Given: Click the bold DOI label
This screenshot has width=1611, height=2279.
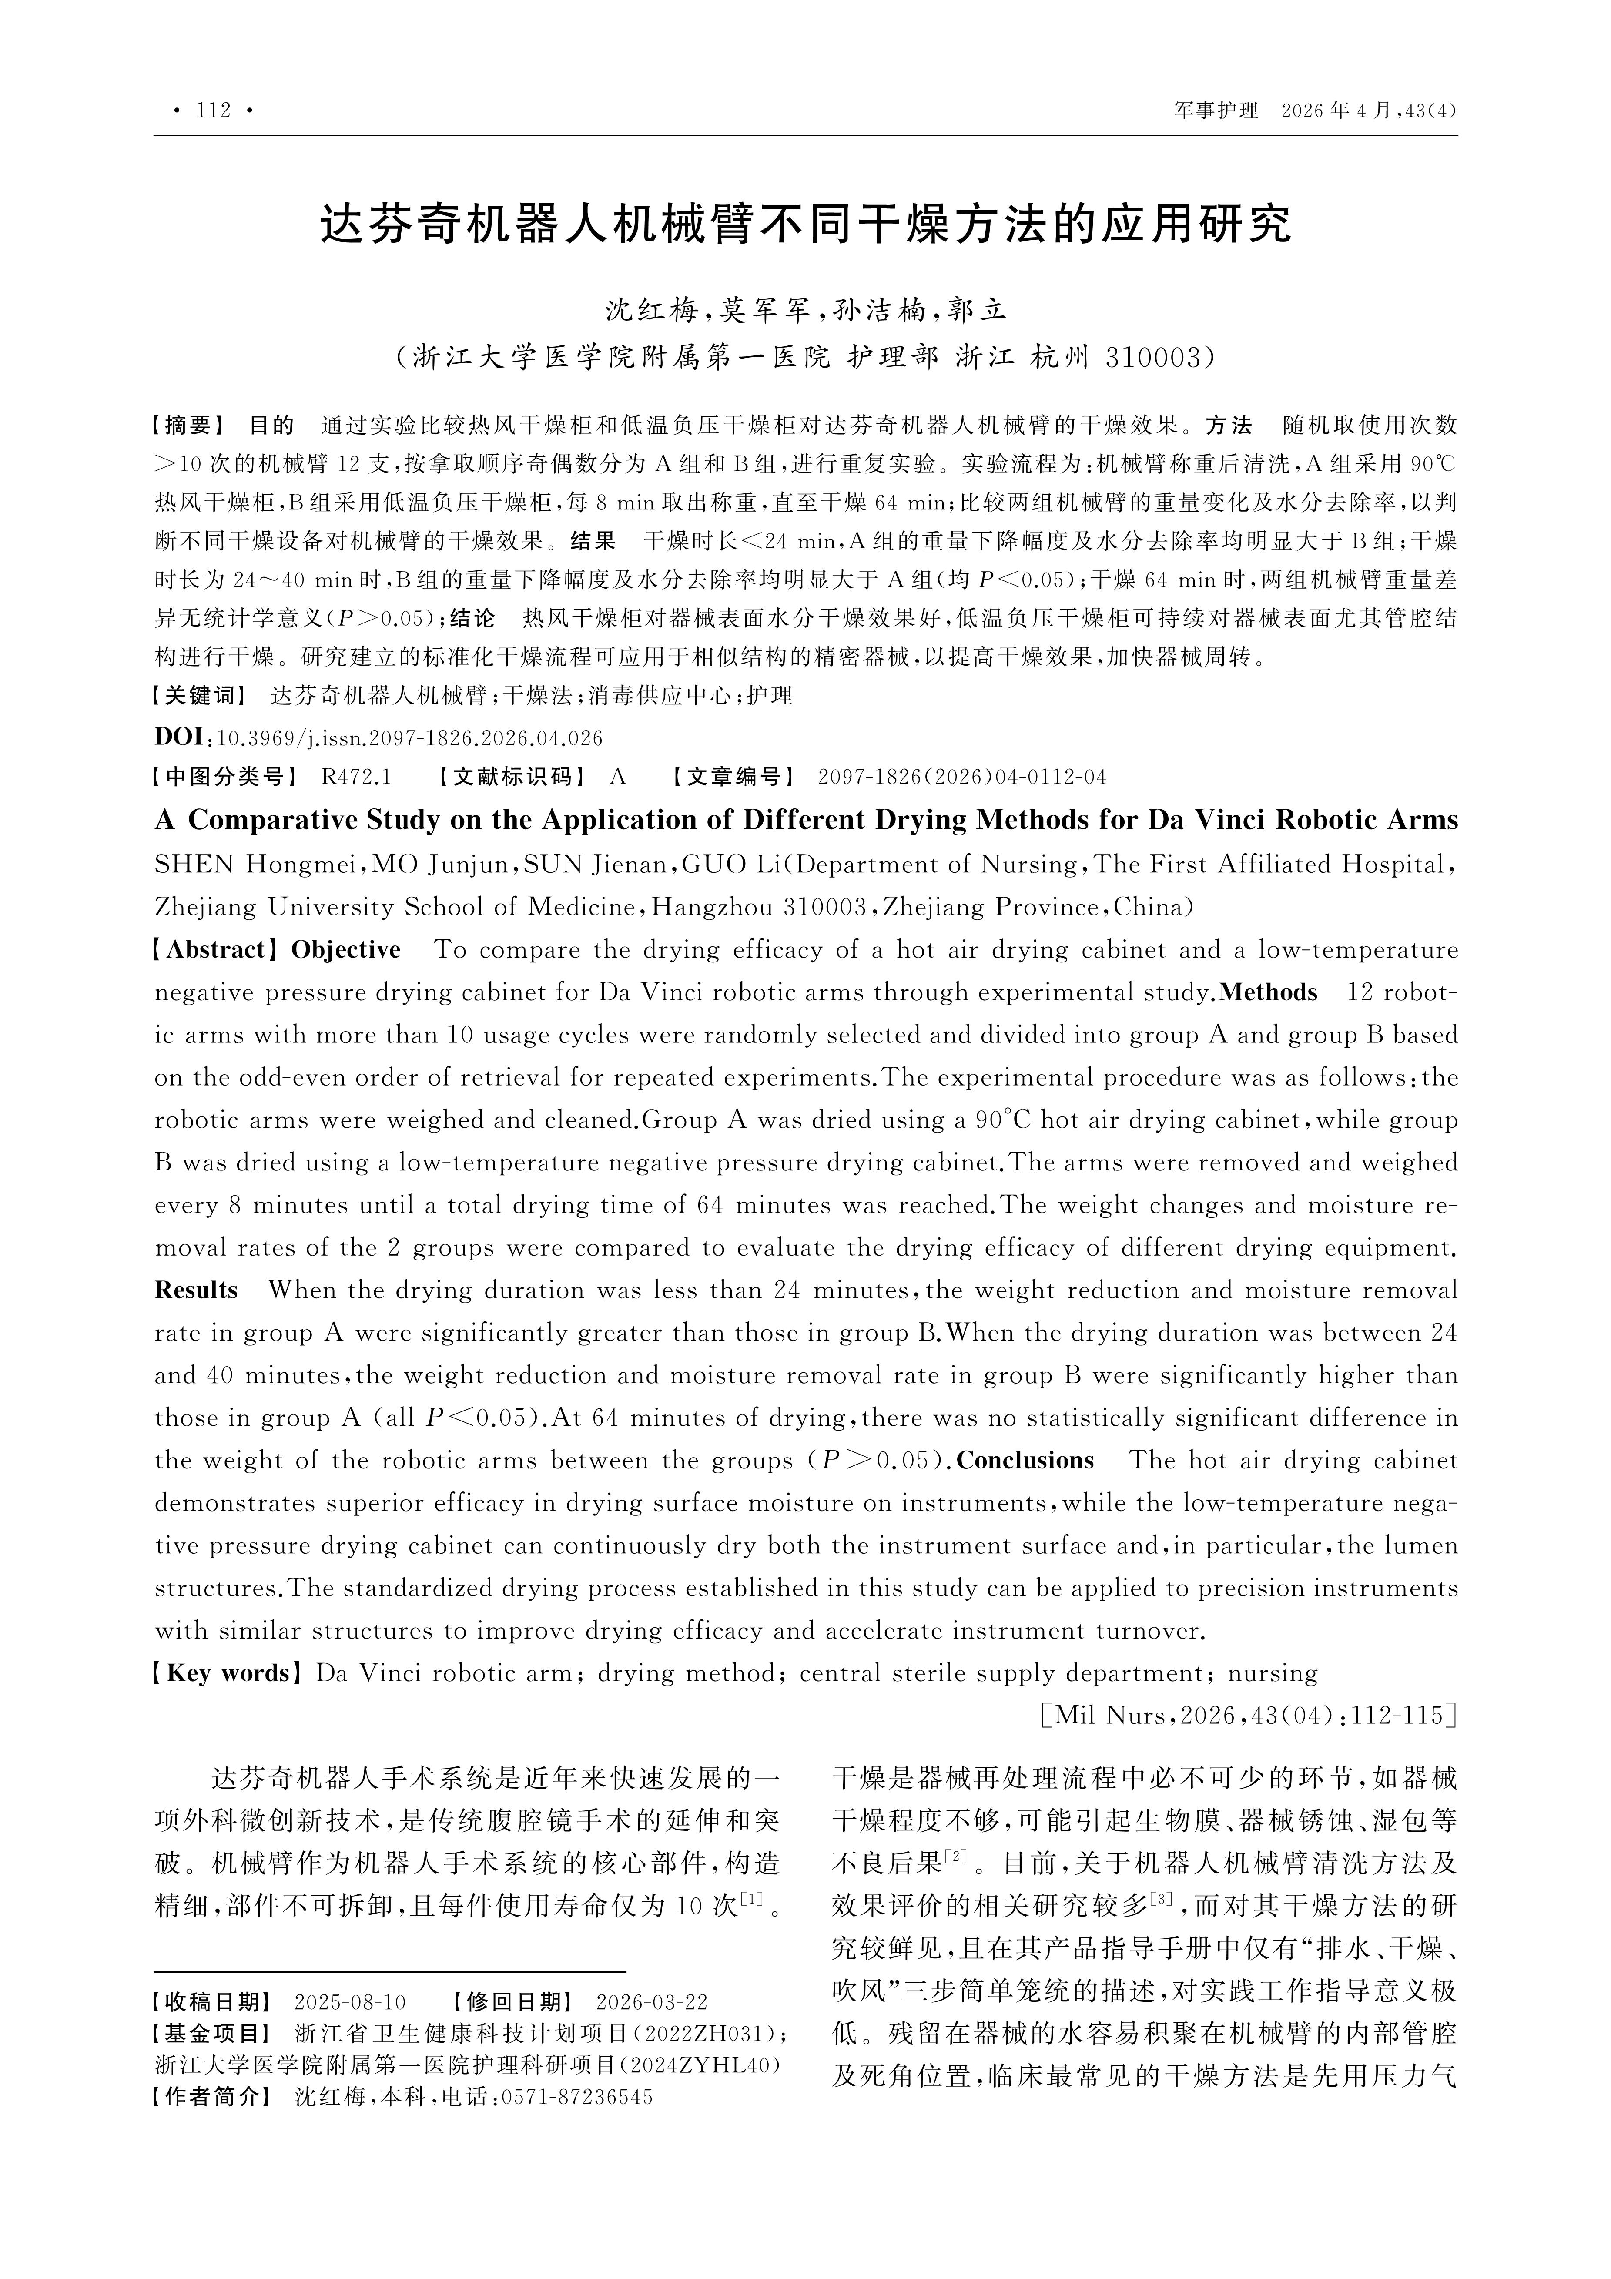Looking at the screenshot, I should pos(179,737).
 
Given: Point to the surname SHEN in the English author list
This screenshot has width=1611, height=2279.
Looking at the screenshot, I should pos(194,865).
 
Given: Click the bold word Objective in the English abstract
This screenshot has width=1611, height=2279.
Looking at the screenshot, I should pos(345,950).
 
